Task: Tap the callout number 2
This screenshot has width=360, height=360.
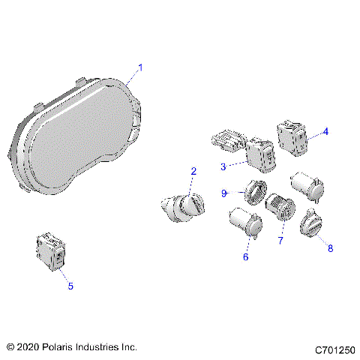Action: pos(193,171)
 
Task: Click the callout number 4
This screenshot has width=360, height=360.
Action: pos(325,132)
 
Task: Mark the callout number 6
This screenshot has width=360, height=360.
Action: pos(244,256)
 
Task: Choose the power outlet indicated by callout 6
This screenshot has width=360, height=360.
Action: pos(243,223)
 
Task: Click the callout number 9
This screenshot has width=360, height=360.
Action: pos(223,193)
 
